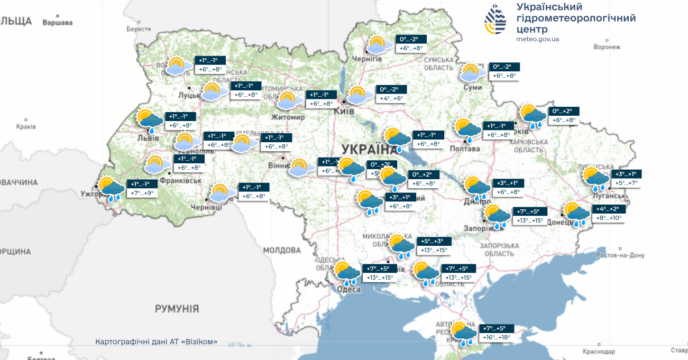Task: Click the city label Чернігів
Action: (x=367, y=59)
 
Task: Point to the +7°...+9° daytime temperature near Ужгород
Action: (x=142, y=193)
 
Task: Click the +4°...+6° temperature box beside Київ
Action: (x=391, y=99)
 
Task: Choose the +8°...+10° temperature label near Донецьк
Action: (x=609, y=218)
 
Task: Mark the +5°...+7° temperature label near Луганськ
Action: (x=627, y=183)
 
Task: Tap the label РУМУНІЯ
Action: (x=177, y=308)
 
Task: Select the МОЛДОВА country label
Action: (x=282, y=250)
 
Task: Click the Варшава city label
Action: (x=57, y=23)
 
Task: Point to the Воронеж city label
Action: (x=607, y=47)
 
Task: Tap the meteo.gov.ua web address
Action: (x=538, y=39)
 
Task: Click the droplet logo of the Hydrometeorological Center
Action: (x=496, y=19)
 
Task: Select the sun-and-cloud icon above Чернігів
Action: (x=377, y=45)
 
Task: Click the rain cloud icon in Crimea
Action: (x=463, y=333)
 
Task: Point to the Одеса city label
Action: (x=349, y=289)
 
